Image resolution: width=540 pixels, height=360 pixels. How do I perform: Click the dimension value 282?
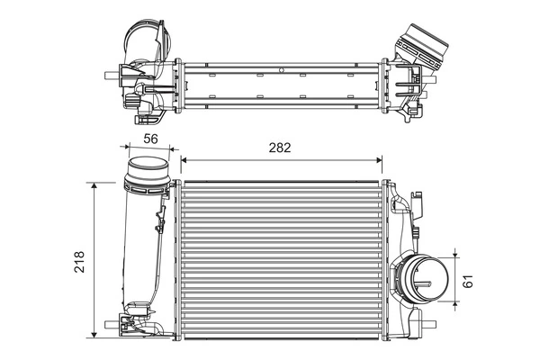tap(280, 148)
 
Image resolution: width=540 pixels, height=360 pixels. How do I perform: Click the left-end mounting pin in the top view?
tap(110, 74)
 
